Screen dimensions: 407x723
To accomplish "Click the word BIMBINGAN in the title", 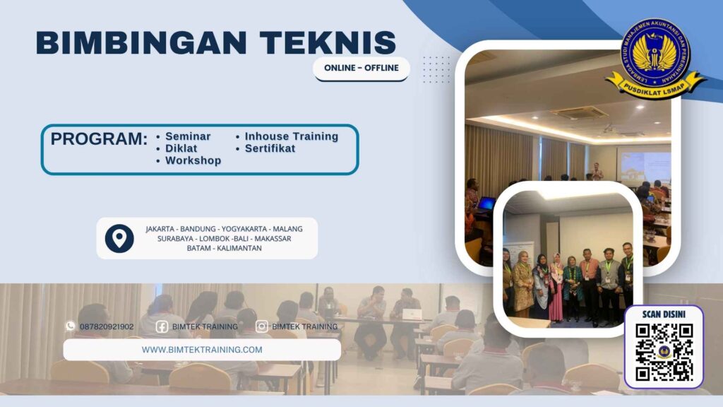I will click(x=132, y=42).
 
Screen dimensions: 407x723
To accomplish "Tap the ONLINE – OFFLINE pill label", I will click(x=361, y=68).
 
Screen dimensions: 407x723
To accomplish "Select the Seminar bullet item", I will click(x=188, y=136).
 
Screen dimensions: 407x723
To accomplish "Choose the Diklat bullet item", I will click(x=181, y=148).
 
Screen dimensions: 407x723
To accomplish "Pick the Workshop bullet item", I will click(x=193, y=160).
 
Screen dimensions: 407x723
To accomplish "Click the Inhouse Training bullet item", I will click(x=291, y=136).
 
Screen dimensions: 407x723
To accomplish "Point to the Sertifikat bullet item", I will click(x=270, y=148).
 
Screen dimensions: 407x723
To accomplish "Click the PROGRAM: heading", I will click(x=99, y=138).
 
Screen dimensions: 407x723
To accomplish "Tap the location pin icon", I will click(x=119, y=238).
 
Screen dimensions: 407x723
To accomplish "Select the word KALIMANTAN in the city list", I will click(x=239, y=248).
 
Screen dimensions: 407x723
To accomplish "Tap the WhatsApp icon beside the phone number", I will click(x=70, y=326).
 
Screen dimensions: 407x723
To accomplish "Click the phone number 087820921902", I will click(x=107, y=326).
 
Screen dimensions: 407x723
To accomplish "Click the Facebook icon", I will click(x=162, y=326).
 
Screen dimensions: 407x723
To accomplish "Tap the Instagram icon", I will click(x=262, y=326).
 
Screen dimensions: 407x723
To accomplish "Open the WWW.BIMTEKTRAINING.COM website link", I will click(x=202, y=349).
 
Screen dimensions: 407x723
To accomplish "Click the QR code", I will click(x=664, y=353).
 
